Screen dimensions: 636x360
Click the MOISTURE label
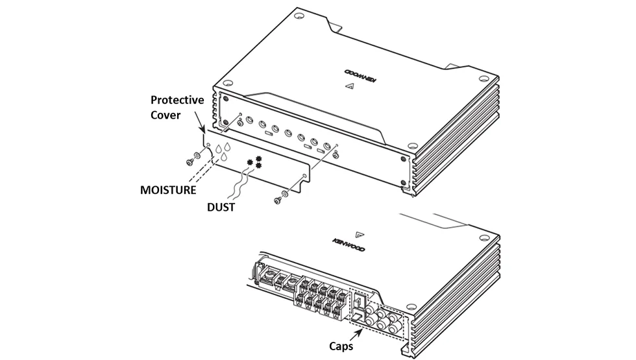click(168, 190)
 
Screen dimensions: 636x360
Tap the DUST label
click(221, 207)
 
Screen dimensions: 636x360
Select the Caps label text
click(341, 346)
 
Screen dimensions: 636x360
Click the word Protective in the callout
click(177, 100)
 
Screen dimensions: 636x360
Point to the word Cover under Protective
click(165, 115)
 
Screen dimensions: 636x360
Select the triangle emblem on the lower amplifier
click(360, 234)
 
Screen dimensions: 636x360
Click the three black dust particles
click(256, 162)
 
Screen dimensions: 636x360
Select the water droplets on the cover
click(223, 151)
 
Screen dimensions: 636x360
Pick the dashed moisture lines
click(201, 170)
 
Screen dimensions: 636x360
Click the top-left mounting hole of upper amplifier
click(299, 17)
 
